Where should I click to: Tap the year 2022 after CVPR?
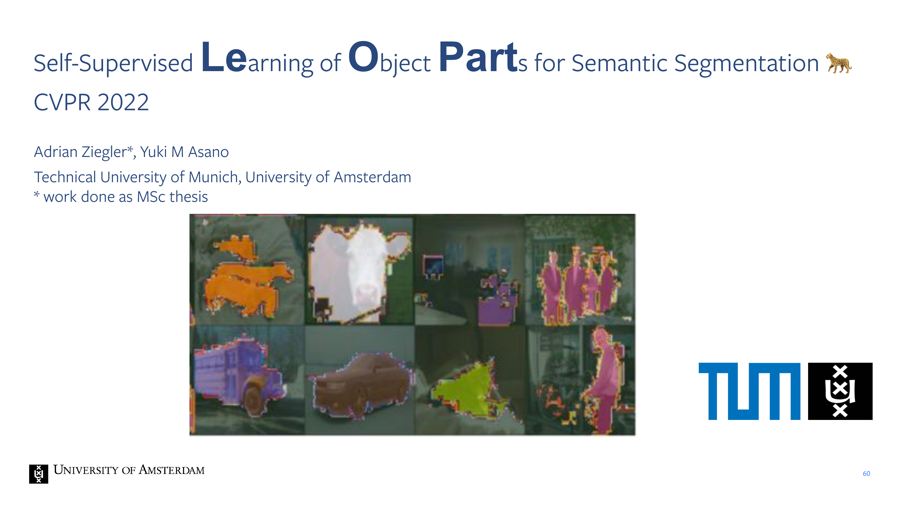[x=123, y=102]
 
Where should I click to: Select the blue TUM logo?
[x=750, y=391]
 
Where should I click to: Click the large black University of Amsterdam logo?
[x=840, y=391]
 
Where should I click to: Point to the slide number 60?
[x=866, y=474]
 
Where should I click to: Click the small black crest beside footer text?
[x=39, y=474]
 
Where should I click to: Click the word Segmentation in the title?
[x=746, y=64]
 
